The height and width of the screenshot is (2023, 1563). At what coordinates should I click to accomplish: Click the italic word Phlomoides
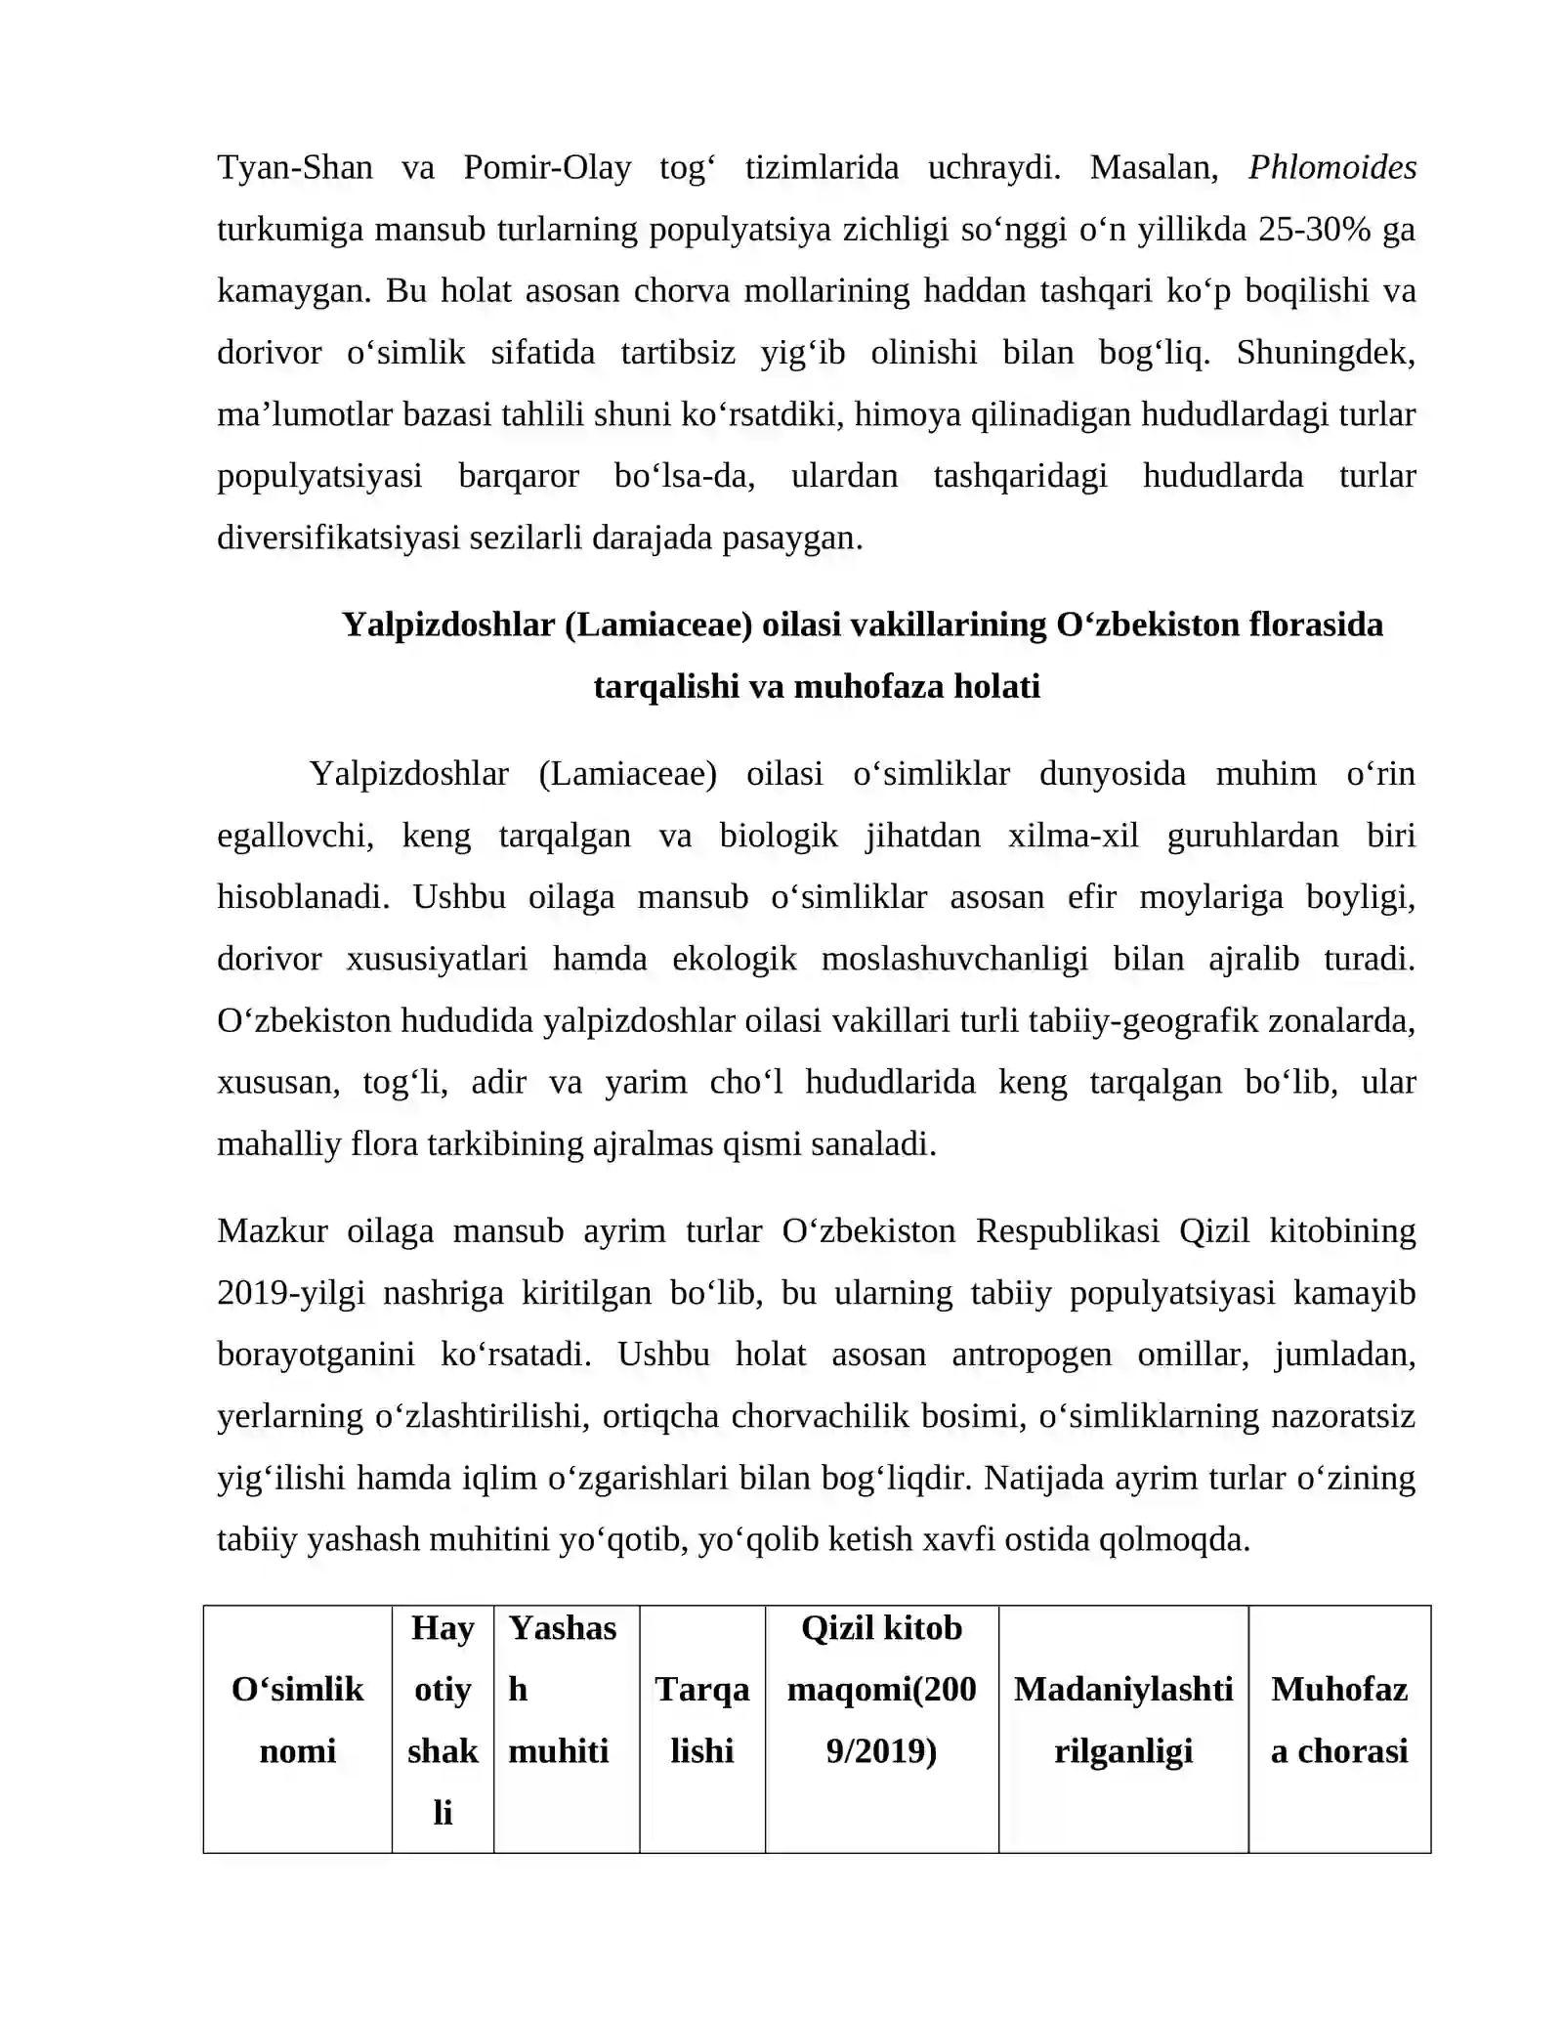pos(1331,168)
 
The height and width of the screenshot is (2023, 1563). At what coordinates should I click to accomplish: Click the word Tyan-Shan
pos(295,168)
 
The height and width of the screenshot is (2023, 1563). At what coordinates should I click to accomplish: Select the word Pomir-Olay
pos(547,168)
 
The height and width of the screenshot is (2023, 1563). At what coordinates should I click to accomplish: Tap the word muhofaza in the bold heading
pos(858,686)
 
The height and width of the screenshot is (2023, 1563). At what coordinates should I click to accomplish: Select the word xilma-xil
pos(1074,836)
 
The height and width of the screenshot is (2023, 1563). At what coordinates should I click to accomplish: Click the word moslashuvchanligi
pos(954,959)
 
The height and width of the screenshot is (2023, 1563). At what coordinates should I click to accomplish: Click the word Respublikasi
pos(1068,1231)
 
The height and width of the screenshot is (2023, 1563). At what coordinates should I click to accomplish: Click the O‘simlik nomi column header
pos(297,1720)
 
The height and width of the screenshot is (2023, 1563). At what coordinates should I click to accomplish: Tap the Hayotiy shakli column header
pos(443,1720)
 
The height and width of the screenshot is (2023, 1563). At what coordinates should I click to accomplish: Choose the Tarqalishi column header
pos(701,1720)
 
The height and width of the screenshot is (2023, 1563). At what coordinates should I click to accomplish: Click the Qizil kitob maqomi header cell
pos(881,1689)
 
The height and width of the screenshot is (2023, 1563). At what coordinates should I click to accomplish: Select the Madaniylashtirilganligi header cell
pos(1122,1720)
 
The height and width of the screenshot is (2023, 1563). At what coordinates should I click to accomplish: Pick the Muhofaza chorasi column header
pos(1338,1720)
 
